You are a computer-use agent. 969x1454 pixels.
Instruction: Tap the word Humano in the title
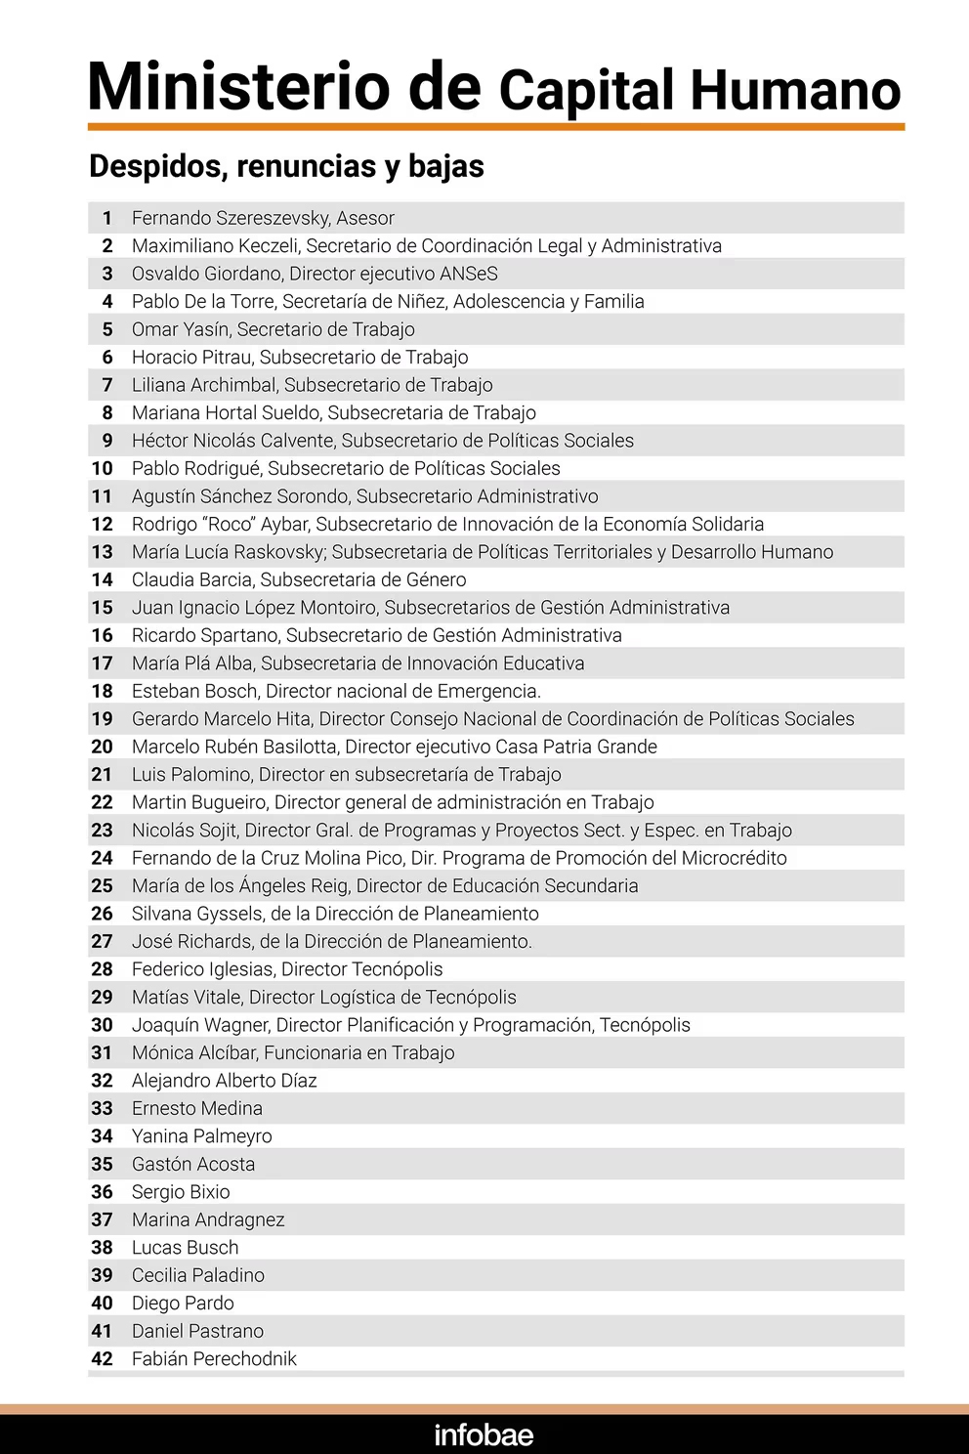795,90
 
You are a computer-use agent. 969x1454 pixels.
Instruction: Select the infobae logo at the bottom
484,1434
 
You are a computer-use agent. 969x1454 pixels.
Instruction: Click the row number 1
107,218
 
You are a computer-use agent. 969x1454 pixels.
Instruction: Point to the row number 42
103,1358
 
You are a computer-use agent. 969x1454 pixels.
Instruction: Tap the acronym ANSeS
468,274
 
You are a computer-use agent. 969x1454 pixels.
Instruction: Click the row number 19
103,719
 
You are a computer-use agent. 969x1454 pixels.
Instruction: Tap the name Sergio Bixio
181,1192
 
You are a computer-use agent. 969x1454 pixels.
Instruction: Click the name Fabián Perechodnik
214,1358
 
